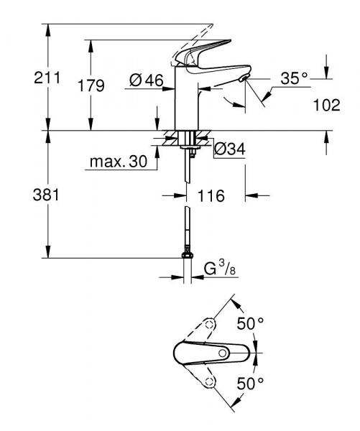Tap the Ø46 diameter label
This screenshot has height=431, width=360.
(x=147, y=81)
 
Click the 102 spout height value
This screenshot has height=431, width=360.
(x=327, y=105)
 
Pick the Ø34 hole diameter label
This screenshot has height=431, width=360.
(x=230, y=149)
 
